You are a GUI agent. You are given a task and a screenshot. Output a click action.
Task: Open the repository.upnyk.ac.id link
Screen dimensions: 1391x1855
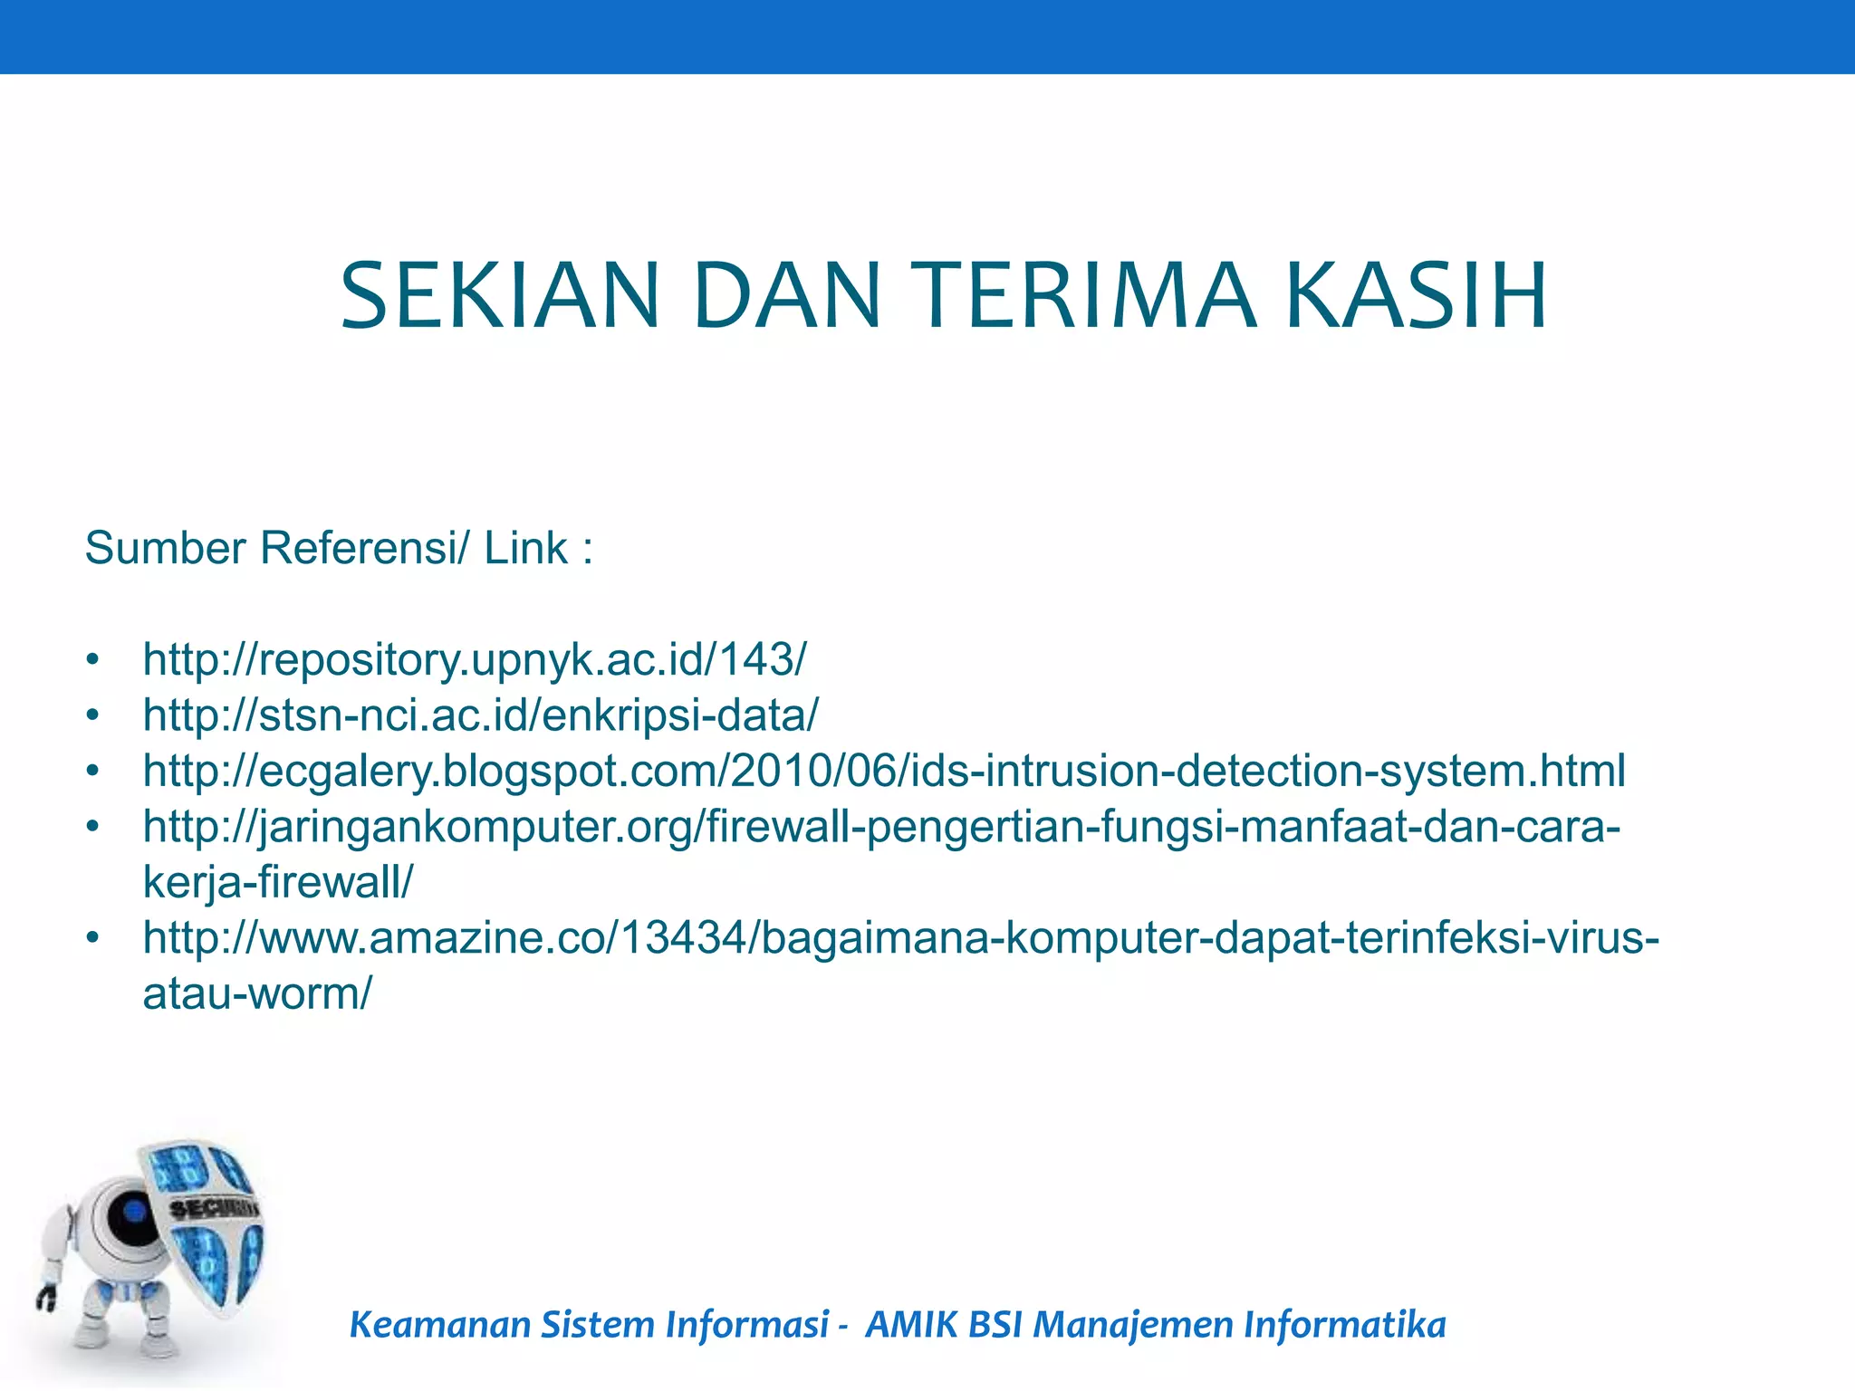[474, 659]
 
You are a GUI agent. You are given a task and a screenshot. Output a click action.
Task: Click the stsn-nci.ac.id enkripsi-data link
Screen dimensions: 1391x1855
[480, 715]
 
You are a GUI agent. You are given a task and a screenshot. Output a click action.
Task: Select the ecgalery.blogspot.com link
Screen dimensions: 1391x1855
[883, 771]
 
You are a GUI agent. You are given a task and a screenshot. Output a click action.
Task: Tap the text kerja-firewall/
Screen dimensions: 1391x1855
[278, 882]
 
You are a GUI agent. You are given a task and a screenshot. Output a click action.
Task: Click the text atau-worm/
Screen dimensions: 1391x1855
[257, 993]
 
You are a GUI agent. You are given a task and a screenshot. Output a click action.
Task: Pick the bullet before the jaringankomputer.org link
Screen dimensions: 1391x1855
[91, 827]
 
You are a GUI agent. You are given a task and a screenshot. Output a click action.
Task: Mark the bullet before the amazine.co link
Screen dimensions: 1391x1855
[91, 938]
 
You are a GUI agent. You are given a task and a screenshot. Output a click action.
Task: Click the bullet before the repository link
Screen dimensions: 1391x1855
[91, 660]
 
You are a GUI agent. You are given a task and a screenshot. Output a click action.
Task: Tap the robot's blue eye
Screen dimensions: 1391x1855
[133, 1211]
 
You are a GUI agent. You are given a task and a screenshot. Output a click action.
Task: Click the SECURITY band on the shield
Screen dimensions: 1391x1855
[214, 1208]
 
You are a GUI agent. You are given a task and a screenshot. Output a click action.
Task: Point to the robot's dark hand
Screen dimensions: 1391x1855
[46, 1298]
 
